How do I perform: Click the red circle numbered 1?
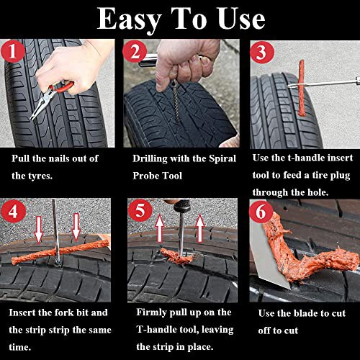12,51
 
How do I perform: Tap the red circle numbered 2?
135,51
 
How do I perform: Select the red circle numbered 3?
262,52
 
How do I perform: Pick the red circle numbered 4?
13,212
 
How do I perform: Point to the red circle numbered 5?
140,210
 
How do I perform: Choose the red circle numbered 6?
261,211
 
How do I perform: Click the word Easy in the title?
129,20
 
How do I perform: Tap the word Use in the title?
241,19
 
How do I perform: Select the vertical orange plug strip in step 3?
301,88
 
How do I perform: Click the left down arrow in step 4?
39,229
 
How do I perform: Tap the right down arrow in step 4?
76,228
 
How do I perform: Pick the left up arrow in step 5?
160,229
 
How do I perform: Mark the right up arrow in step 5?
200,228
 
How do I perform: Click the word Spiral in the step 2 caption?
222,159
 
